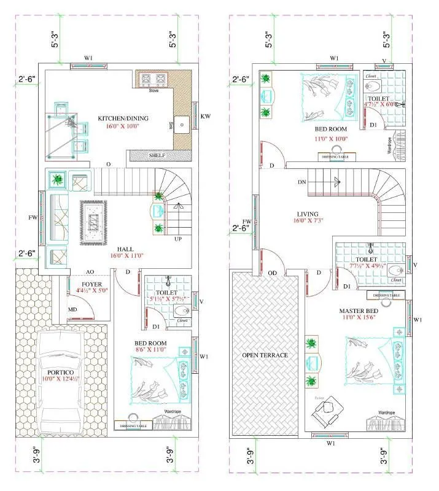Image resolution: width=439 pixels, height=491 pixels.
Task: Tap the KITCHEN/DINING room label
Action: click(x=123, y=118)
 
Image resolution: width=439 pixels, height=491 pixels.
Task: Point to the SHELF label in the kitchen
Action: click(x=157, y=156)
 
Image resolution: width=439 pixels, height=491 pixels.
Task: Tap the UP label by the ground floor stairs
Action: click(x=178, y=239)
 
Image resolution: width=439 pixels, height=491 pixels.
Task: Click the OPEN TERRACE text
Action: click(x=265, y=355)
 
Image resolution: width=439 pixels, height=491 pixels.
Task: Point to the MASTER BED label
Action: click(x=359, y=311)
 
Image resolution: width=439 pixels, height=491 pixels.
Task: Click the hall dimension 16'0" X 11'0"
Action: click(x=125, y=257)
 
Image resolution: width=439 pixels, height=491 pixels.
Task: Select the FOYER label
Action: click(x=91, y=284)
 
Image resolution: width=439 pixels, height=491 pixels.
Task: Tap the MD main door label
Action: click(x=72, y=309)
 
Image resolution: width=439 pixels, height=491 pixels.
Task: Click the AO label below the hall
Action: click(x=90, y=272)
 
